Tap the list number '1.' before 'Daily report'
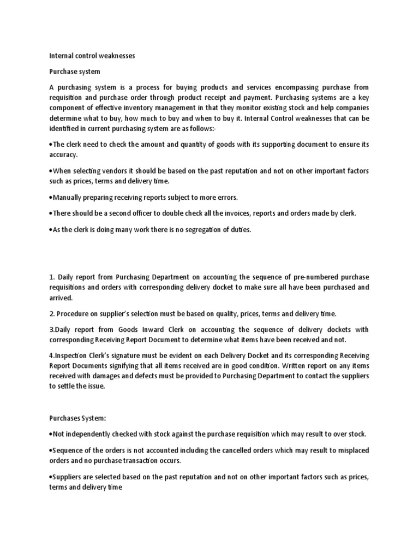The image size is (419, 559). point(52,277)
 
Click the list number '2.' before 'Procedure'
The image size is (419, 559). point(52,314)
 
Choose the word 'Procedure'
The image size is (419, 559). point(76,314)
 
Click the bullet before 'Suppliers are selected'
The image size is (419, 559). point(51,476)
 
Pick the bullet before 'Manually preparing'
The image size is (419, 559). point(51,197)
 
